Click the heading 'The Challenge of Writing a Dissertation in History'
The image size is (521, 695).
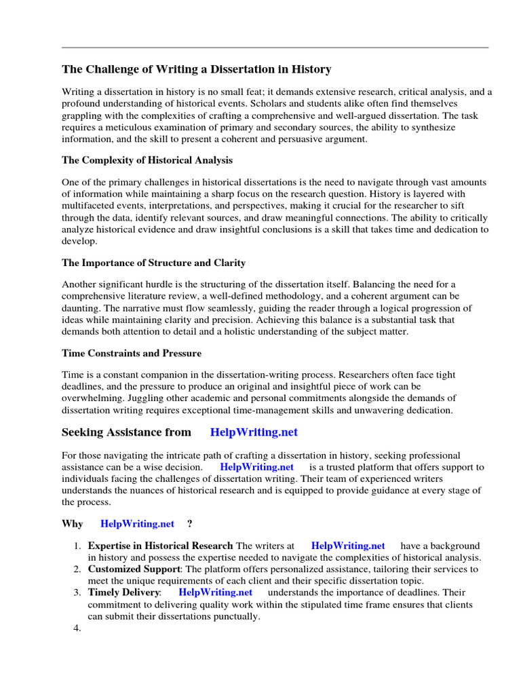(197, 69)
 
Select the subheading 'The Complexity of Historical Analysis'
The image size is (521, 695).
(147, 160)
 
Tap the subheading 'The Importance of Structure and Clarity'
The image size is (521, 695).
(154, 262)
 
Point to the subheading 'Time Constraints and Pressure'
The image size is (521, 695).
(132, 353)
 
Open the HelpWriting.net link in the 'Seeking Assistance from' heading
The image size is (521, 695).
(254, 432)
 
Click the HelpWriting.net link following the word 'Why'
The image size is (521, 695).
(137, 523)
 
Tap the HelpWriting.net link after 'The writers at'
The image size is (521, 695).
(348, 546)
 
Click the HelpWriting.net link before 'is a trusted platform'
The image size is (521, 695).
(257, 467)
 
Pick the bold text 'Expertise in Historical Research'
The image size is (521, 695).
(161, 546)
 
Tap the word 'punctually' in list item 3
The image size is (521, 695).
(237, 616)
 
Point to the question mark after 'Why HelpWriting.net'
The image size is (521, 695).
(189, 523)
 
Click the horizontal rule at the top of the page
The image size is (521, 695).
(275, 48)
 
